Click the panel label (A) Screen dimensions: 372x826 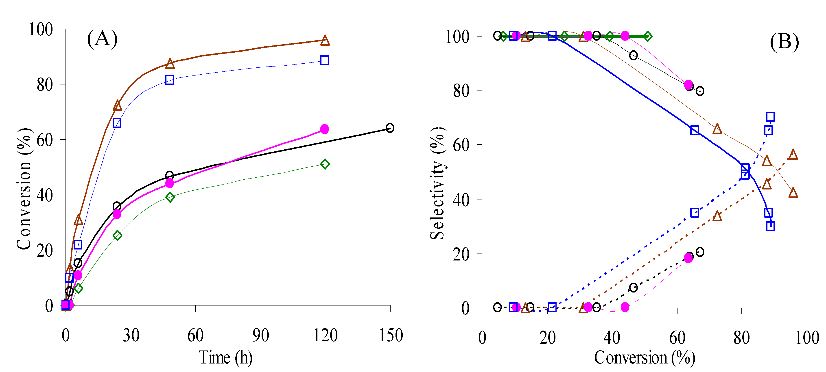pos(102,39)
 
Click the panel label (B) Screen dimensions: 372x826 pos(784,42)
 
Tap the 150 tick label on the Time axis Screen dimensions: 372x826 pos(391,335)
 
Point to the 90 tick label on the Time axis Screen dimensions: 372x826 pos(260,335)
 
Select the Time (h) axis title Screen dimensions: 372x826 pos(225,358)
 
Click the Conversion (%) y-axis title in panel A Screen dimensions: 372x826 pos(24,189)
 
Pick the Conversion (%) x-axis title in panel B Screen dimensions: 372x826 pos(645,358)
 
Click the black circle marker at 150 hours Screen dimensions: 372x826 pos(390,128)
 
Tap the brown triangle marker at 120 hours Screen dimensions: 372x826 pos(325,40)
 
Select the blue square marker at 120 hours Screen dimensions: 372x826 pos(324,60)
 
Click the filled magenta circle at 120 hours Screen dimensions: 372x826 pos(324,129)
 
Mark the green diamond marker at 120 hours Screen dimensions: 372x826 pos(325,164)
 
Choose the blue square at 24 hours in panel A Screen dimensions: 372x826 pos(117,123)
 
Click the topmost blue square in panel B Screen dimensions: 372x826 pos(770,117)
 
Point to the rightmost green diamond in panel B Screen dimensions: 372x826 pos(647,37)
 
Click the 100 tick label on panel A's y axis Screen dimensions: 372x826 pos(41,30)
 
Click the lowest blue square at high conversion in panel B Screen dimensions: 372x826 pos(770,226)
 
